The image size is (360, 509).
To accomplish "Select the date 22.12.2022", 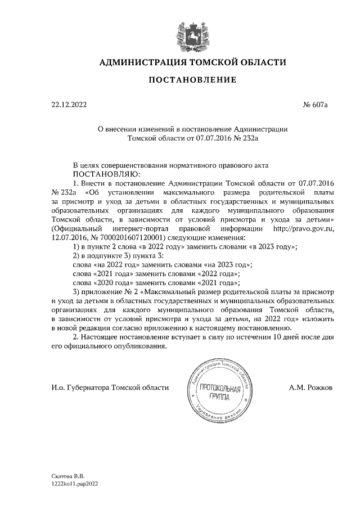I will pos(69,105).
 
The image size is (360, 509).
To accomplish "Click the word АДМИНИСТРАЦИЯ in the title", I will pos(139,62).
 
